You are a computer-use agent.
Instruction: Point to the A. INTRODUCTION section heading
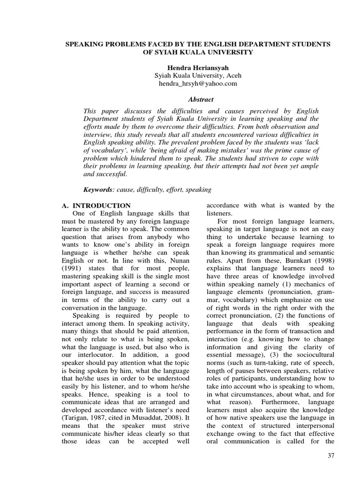tap(97, 205)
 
